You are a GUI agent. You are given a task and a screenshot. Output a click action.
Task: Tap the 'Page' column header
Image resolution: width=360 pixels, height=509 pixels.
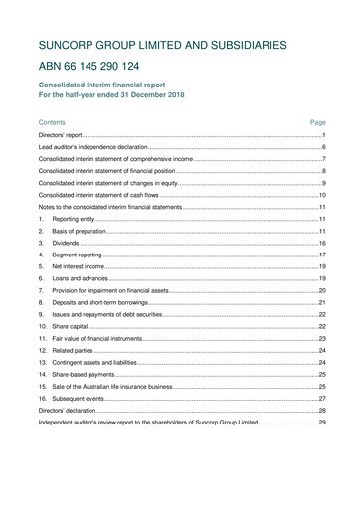click(x=318, y=121)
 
